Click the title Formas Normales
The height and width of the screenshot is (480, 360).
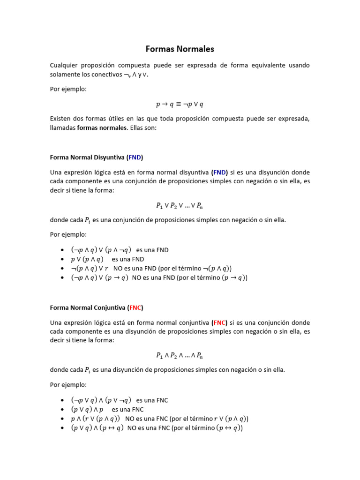pyautogui.click(x=180, y=49)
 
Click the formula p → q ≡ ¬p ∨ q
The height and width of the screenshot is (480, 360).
pyautogui.click(x=180, y=104)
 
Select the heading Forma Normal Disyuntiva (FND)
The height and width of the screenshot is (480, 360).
pyautogui.click(x=97, y=157)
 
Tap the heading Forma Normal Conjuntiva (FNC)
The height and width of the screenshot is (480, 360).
pyautogui.click(x=97, y=308)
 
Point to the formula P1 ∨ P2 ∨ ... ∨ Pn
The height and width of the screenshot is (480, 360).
pyautogui.click(x=180, y=205)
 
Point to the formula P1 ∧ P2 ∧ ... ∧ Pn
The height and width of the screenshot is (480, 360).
pyautogui.click(x=180, y=355)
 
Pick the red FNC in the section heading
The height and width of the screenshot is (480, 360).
pyautogui.click(x=135, y=308)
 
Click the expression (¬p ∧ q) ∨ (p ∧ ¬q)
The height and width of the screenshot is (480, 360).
pyautogui.click(x=101, y=250)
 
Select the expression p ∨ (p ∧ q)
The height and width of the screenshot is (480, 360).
pyautogui.click(x=87, y=259)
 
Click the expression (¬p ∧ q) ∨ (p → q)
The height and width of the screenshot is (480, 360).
pyautogui.click(x=99, y=277)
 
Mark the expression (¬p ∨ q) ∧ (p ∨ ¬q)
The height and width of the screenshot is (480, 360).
pyautogui.click(x=101, y=400)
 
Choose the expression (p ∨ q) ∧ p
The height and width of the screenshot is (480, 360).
pyautogui.click(x=87, y=409)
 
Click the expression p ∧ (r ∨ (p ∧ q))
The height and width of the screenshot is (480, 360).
pyautogui.click(x=95, y=419)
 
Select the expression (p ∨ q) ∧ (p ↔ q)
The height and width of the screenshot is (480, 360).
pyautogui.click(x=97, y=427)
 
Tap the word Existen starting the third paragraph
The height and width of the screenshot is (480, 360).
pyautogui.click(x=61, y=119)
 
